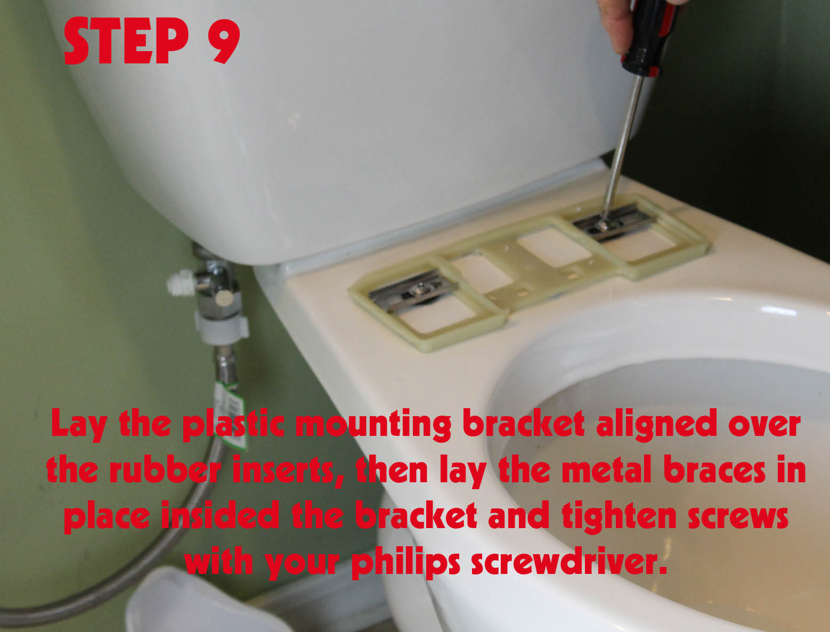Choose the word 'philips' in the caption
point(405,562)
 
